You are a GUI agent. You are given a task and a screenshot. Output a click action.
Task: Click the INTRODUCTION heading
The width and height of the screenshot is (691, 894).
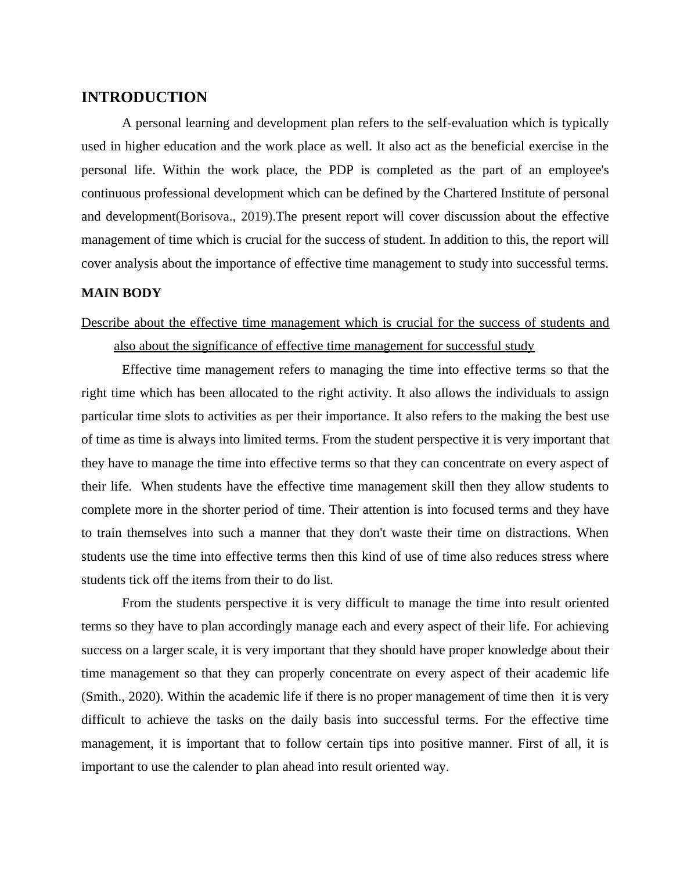144,98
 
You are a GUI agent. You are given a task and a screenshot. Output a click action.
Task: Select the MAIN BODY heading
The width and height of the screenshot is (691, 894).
121,293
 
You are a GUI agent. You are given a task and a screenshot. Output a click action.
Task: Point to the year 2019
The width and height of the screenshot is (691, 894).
255,217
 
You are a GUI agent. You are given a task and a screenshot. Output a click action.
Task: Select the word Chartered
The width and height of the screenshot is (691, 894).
469,193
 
